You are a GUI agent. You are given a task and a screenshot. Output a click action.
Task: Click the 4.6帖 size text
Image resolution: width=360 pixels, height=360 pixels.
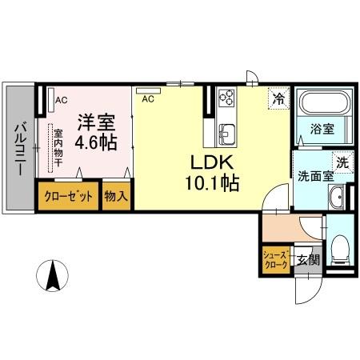click(96, 143)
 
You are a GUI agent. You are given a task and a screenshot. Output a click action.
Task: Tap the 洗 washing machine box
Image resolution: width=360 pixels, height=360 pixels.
click(341, 161)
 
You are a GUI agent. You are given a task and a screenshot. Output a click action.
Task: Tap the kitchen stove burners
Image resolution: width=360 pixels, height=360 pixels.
click(226, 99)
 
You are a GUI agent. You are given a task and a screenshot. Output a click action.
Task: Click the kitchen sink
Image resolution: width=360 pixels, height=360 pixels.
click(225, 131)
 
